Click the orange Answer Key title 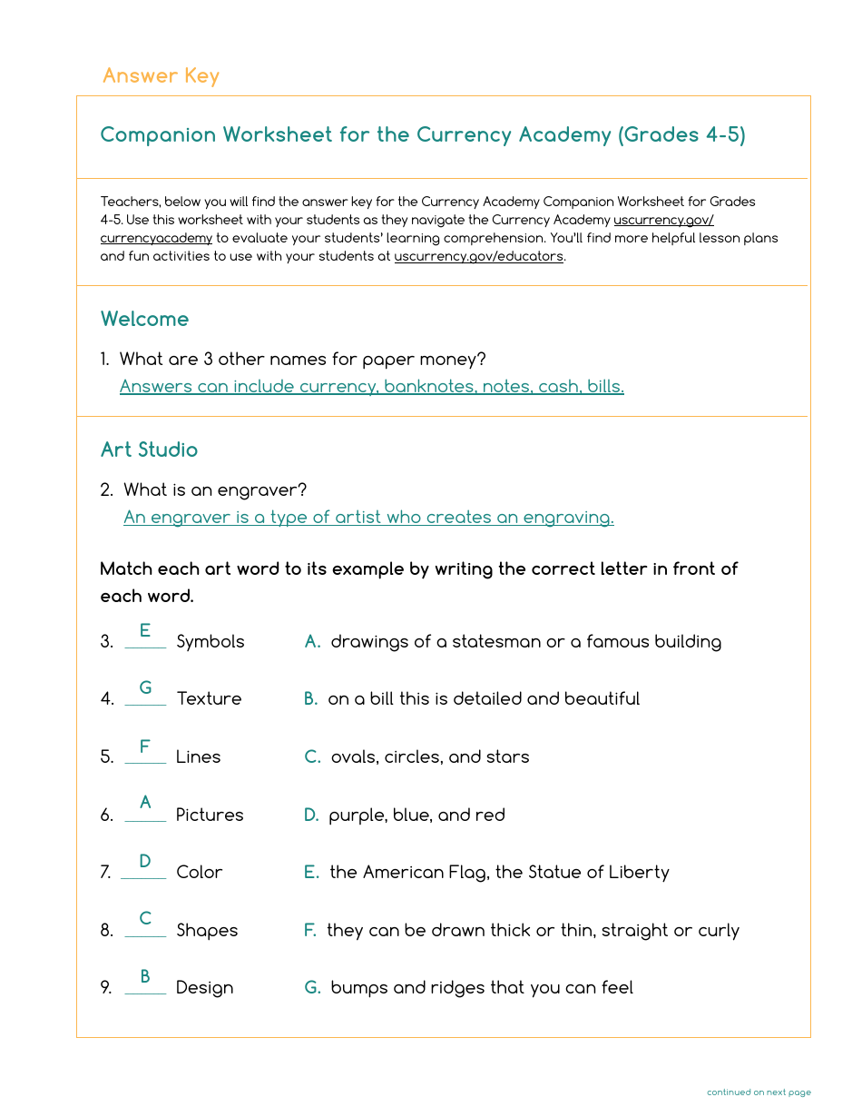click(161, 75)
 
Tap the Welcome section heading click(144, 319)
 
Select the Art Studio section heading click(149, 450)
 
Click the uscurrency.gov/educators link click(478, 257)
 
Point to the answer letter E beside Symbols click(145, 631)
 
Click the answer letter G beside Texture click(145, 688)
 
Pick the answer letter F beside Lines click(145, 746)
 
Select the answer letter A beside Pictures click(145, 804)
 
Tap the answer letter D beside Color click(145, 861)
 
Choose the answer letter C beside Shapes click(145, 919)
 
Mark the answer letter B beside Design click(145, 977)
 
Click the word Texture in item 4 click(209, 698)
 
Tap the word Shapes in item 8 click(207, 930)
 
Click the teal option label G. click(312, 987)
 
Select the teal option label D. click(311, 815)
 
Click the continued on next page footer click(759, 1092)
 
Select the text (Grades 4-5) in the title click(681, 135)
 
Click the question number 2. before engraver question click(106, 490)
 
